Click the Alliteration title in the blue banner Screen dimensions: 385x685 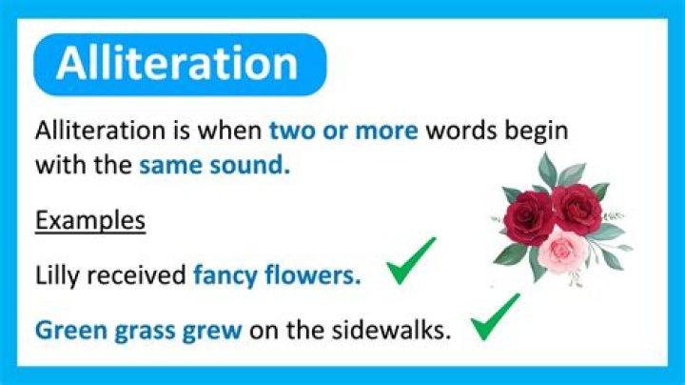pos(177,64)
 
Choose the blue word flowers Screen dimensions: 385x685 pos(315,276)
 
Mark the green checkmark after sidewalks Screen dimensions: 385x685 pos(495,317)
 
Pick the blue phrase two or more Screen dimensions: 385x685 pos(343,130)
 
